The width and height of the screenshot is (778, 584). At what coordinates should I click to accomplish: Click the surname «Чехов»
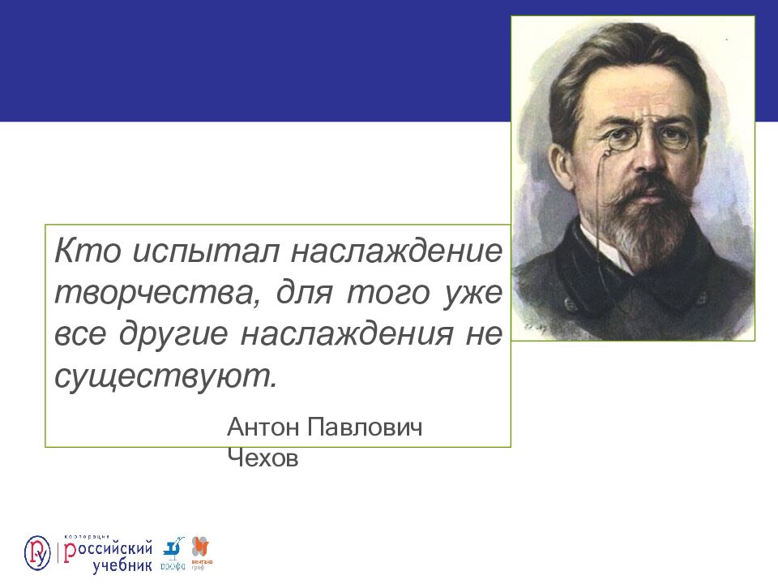[263, 459]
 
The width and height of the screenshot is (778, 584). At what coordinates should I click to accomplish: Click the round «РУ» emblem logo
[37, 552]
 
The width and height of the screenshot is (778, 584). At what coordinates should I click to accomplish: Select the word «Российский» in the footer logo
[109, 547]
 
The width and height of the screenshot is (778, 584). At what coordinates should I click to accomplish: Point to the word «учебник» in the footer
[122, 565]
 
